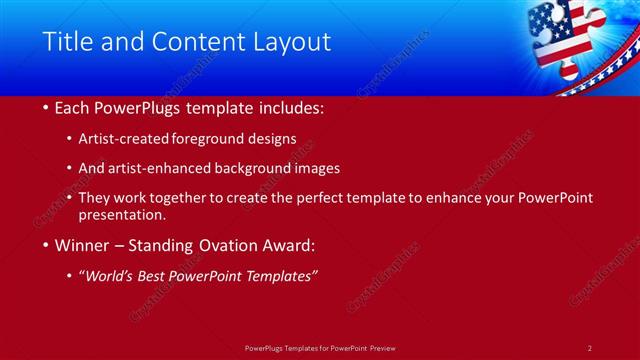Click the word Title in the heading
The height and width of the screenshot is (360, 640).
point(65,42)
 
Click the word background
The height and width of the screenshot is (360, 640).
point(265,168)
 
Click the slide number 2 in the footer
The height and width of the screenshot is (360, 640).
point(590,347)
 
